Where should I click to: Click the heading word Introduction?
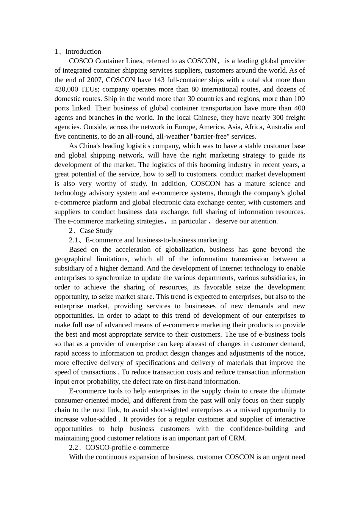pos(83,52)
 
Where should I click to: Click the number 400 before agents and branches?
pos(299,108)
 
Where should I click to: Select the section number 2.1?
pos(74,240)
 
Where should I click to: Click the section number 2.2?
pos(74,448)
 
